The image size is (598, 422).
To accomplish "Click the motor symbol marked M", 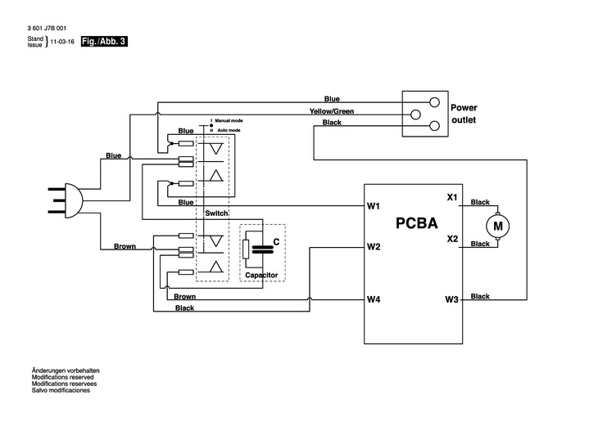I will point(497,222).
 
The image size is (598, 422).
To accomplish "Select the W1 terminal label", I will point(374,206).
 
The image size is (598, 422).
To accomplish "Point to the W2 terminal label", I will point(374,246).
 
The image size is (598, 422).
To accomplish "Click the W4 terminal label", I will point(374,299).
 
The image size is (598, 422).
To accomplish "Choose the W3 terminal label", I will point(451,299).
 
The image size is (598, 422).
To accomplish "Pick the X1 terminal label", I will point(451,196).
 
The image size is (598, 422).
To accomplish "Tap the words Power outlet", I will point(464,114).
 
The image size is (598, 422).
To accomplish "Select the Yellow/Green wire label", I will point(332,110).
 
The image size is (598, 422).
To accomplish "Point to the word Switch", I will point(216,212).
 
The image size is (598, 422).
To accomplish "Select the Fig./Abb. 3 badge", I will point(104,40).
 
